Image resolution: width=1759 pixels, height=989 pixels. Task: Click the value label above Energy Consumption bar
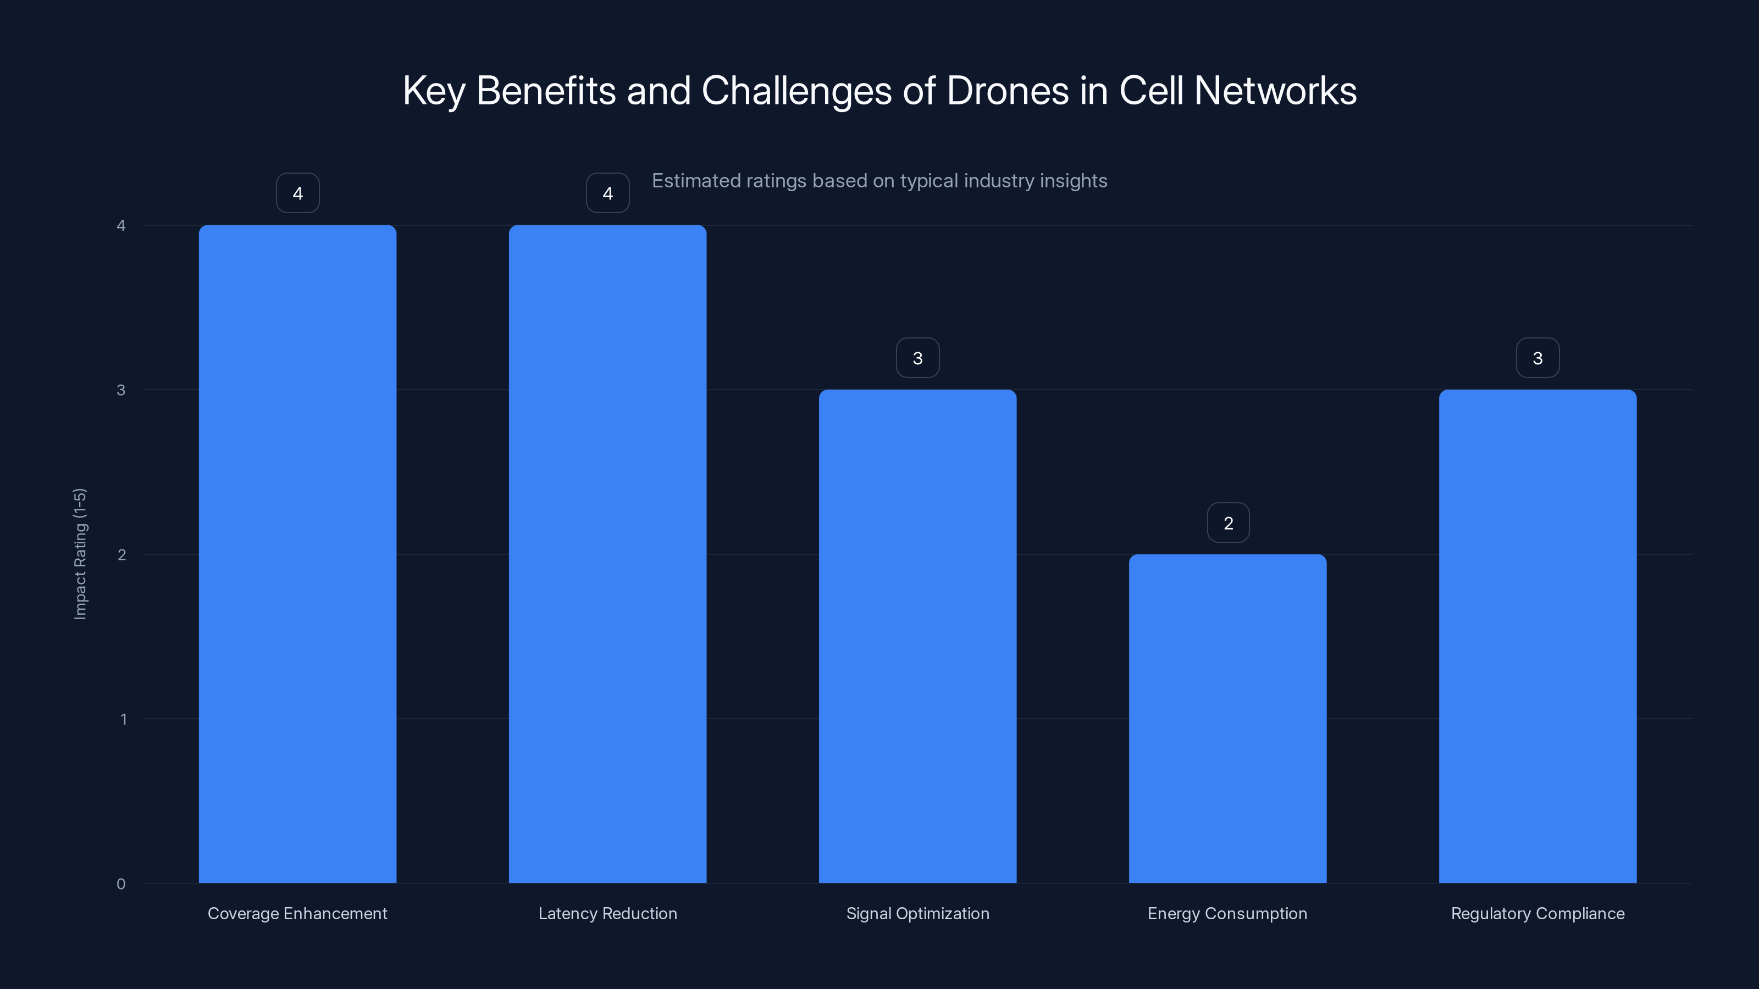point(1228,523)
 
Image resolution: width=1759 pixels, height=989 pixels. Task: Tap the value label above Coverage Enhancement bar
point(298,193)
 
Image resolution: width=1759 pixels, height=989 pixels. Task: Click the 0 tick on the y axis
point(121,884)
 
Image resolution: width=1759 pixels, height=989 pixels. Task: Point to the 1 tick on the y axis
point(123,719)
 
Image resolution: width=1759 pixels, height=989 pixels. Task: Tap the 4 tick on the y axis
point(121,225)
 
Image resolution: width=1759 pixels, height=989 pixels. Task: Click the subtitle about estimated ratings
point(879,181)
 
